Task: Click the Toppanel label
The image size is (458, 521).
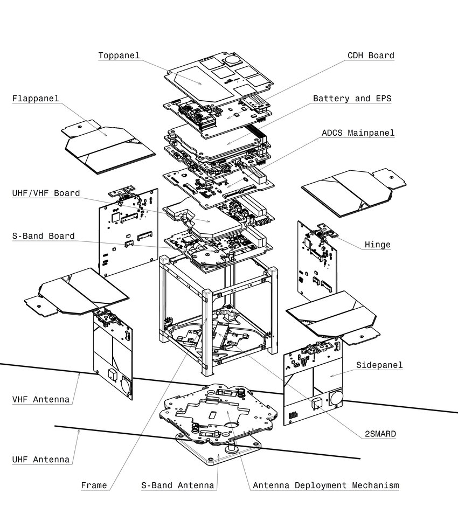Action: (119, 55)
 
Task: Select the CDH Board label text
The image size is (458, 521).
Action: (371, 55)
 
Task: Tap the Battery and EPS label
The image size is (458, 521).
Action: (352, 99)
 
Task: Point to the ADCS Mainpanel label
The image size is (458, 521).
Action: (358, 133)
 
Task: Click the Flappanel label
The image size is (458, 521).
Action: (36, 99)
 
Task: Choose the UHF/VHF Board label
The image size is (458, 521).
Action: (46, 193)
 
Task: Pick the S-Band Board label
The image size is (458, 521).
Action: (43, 236)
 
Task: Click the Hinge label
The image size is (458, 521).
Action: (377, 245)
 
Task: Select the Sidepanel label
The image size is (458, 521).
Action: (379, 365)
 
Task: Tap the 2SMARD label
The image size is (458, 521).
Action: (379, 434)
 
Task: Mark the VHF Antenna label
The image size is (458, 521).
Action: (41, 399)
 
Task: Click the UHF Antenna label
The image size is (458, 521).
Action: (41, 460)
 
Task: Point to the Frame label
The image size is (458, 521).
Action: (94, 485)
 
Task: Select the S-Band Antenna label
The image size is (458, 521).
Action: (178, 485)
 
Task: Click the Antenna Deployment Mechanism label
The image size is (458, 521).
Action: (326, 485)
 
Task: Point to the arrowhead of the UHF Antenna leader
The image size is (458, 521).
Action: (80, 429)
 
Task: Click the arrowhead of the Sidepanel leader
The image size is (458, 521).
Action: (330, 376)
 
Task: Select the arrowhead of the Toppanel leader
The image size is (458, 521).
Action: (202, 84)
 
